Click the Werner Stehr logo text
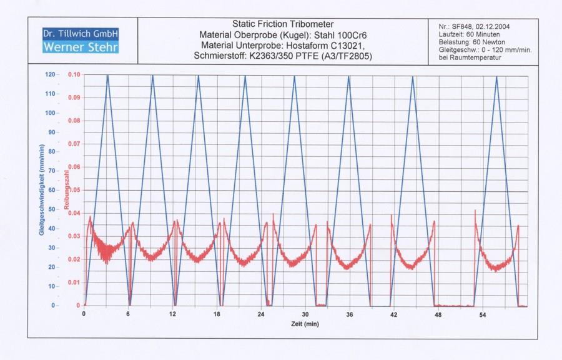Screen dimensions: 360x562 [x=79, y=47]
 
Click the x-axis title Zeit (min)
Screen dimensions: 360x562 [x=305, y=324]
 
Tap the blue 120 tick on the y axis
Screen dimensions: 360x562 [x=49, y=74]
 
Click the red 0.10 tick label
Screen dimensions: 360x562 [x=74, y=74]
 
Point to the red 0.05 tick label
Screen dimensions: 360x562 [x=74, y=190]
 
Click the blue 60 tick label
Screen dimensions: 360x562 [x=51, y=190]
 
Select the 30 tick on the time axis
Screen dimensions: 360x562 [x=305, y=314]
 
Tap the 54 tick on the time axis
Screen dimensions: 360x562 [x=482, y=314]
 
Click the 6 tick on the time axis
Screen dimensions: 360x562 [x=128, y=314]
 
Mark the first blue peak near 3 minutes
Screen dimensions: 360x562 [x=107, y=76]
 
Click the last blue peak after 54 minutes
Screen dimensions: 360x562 [x=496, y=76]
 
